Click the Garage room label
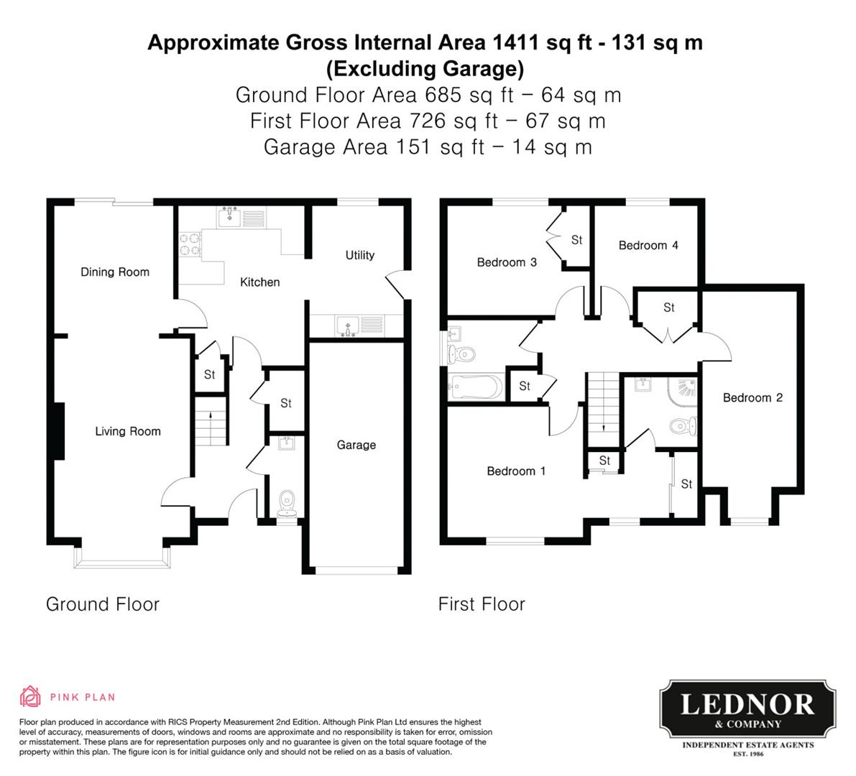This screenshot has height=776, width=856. [356, 445]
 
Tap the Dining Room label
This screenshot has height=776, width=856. [115, 272]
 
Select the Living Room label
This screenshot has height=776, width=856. [128, 431]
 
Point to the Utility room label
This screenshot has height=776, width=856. [359, 255]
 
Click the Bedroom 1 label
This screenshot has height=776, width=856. [516, 471]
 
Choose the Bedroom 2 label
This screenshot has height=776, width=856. [753, 398]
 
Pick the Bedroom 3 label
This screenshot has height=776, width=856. [507, 262]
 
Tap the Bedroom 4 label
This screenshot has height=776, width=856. [648, 246]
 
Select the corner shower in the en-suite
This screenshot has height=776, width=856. [683, 391]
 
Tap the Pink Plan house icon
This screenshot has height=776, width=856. [30, 696]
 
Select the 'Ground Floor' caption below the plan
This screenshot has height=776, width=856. [103, 604]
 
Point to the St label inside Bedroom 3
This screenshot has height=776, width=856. [576, 240]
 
